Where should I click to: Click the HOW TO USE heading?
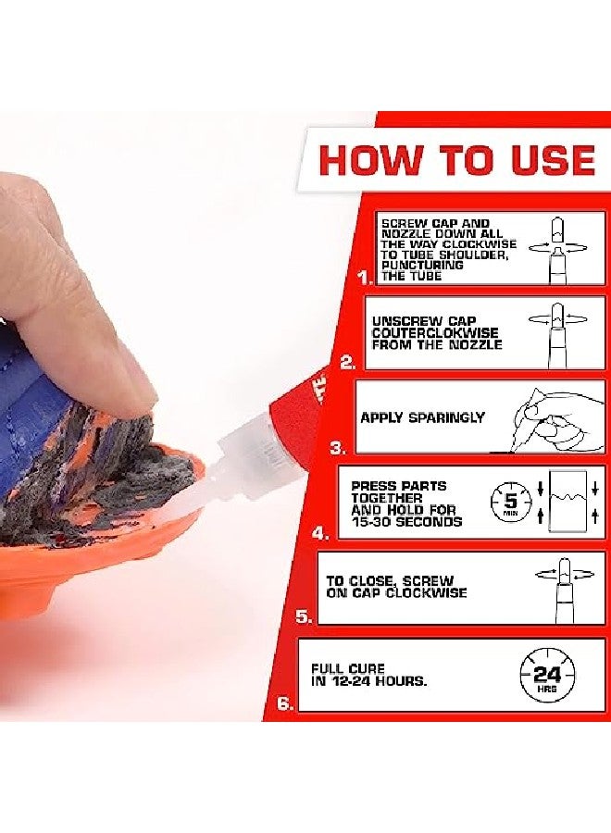click(x=456, y=160)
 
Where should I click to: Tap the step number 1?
click(x=366, y=277)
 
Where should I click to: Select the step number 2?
click(x=347, y=363)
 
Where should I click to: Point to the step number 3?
click(x=339, y=447)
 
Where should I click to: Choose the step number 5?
click(x=303, y=616)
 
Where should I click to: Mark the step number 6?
click(x=285, y=702)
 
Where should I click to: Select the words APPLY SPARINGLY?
click(x=422, y=417)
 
